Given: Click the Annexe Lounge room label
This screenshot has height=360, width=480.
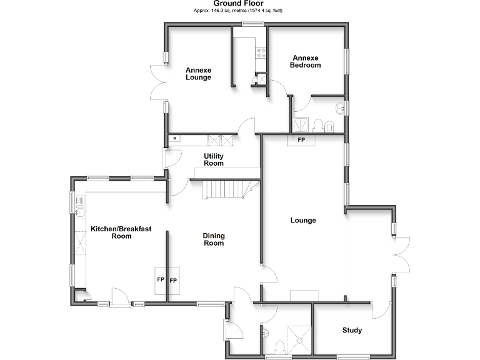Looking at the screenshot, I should pyautogui.click(x=198, y=74).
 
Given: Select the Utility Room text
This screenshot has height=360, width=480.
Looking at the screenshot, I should pyautogui.click(x=214, y=159).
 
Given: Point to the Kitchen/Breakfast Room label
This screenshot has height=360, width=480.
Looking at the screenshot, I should pyautogui.click(x=121, y=232).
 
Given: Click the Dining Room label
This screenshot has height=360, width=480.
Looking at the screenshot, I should pyautogui.click(x=214, y=239).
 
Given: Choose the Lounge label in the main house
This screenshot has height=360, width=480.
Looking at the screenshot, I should pyautogui.click(x=303, y=220).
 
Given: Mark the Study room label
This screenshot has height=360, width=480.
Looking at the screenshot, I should pyautogui.click(x=352, y=330).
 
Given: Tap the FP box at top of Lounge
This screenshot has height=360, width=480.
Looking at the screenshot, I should pyautogui.click(x=301, y=140).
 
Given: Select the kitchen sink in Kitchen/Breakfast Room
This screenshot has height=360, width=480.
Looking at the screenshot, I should pyautogui.click(x=79, y=210).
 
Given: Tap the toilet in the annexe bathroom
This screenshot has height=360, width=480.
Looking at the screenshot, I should pyautogui.click(x=317, y=124).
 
